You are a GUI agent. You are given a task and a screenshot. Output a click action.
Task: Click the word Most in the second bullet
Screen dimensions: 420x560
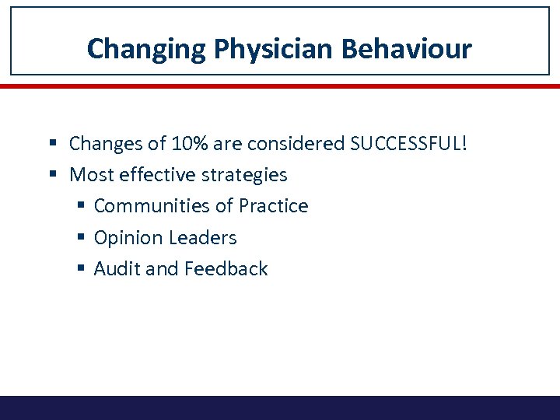point(91,174)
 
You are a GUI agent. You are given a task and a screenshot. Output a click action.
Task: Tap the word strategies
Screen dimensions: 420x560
point(244,174)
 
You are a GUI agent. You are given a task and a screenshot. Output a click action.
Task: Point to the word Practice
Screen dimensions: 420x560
point(273,206)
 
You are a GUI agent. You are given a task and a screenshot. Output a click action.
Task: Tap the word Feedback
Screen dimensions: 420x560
point(226,269)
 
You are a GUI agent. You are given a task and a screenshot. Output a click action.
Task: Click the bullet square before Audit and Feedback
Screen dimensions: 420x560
point(82,269)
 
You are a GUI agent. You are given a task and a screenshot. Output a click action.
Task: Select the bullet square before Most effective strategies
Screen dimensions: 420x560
point(58,175)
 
